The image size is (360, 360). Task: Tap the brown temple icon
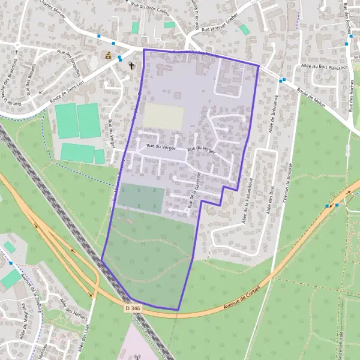click(x=109, y=56)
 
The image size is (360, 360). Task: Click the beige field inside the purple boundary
click(x=163, y=116)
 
